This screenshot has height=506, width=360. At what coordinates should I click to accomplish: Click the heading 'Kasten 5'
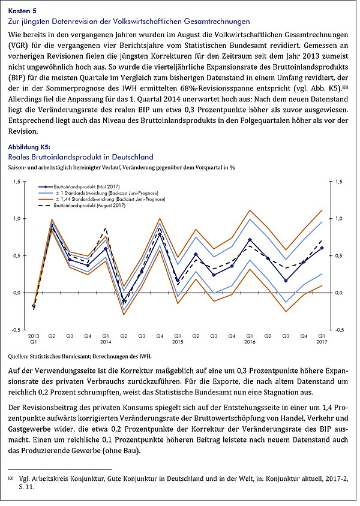(x=22, y=11)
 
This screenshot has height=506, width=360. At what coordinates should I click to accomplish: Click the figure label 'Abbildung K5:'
(x=29, y=147)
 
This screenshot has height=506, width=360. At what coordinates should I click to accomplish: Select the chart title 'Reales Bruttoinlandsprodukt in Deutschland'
(x=81, y=157)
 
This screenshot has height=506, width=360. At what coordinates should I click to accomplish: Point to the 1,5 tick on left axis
(x=17, y=182)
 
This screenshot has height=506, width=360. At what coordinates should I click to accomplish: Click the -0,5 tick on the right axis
(x=339, y=330)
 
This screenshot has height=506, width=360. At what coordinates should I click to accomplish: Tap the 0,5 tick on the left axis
(x=17, y=255)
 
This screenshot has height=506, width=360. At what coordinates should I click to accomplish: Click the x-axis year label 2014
(x=106, y=341)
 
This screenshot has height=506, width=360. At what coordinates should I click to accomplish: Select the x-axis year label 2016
(x=250, y=341)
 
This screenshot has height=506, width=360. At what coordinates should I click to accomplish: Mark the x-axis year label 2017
(x=322, y=341)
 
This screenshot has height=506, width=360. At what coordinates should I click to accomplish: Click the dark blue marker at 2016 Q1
(x=250, y=240)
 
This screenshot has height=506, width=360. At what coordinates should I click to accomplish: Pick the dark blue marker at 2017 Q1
(x=322, y=248)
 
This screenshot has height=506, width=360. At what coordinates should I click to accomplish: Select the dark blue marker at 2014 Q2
(x=124, y=300)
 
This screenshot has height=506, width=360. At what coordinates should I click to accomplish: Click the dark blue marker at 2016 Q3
(x=286, y=281)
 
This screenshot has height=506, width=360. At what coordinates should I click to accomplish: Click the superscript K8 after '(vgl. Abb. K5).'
(x=345, y=86)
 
